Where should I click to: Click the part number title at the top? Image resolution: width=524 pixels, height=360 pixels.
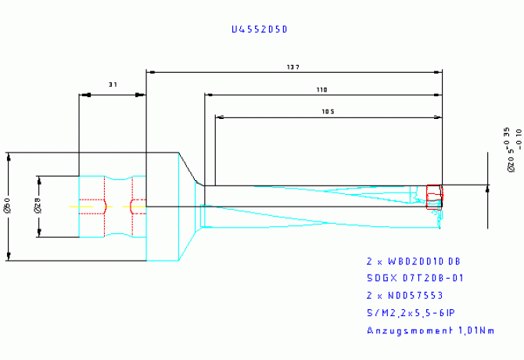(x=260, y=30)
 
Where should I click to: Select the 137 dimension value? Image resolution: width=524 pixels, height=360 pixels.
(x=294, y=67)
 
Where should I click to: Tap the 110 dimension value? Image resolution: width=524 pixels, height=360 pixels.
(x=321, y=90)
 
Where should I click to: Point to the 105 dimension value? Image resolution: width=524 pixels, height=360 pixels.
(x=328, y=112)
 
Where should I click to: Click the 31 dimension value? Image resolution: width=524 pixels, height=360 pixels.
(x=113, y=83)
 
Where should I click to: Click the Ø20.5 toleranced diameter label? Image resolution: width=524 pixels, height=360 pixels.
(x=511, y=149)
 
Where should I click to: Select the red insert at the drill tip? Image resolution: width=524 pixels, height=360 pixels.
(x=434, y=197)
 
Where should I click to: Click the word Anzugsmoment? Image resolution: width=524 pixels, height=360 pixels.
(x=406, y=331)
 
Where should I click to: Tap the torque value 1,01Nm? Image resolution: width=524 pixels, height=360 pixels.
(x=472, y=331)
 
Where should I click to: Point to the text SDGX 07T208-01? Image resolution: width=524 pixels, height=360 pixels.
(x=416, y=278)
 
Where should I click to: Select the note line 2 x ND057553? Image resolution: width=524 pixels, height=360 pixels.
(x=404, y=296)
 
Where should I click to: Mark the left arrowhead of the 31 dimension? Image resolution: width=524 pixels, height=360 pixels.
(x=83, y=95)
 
